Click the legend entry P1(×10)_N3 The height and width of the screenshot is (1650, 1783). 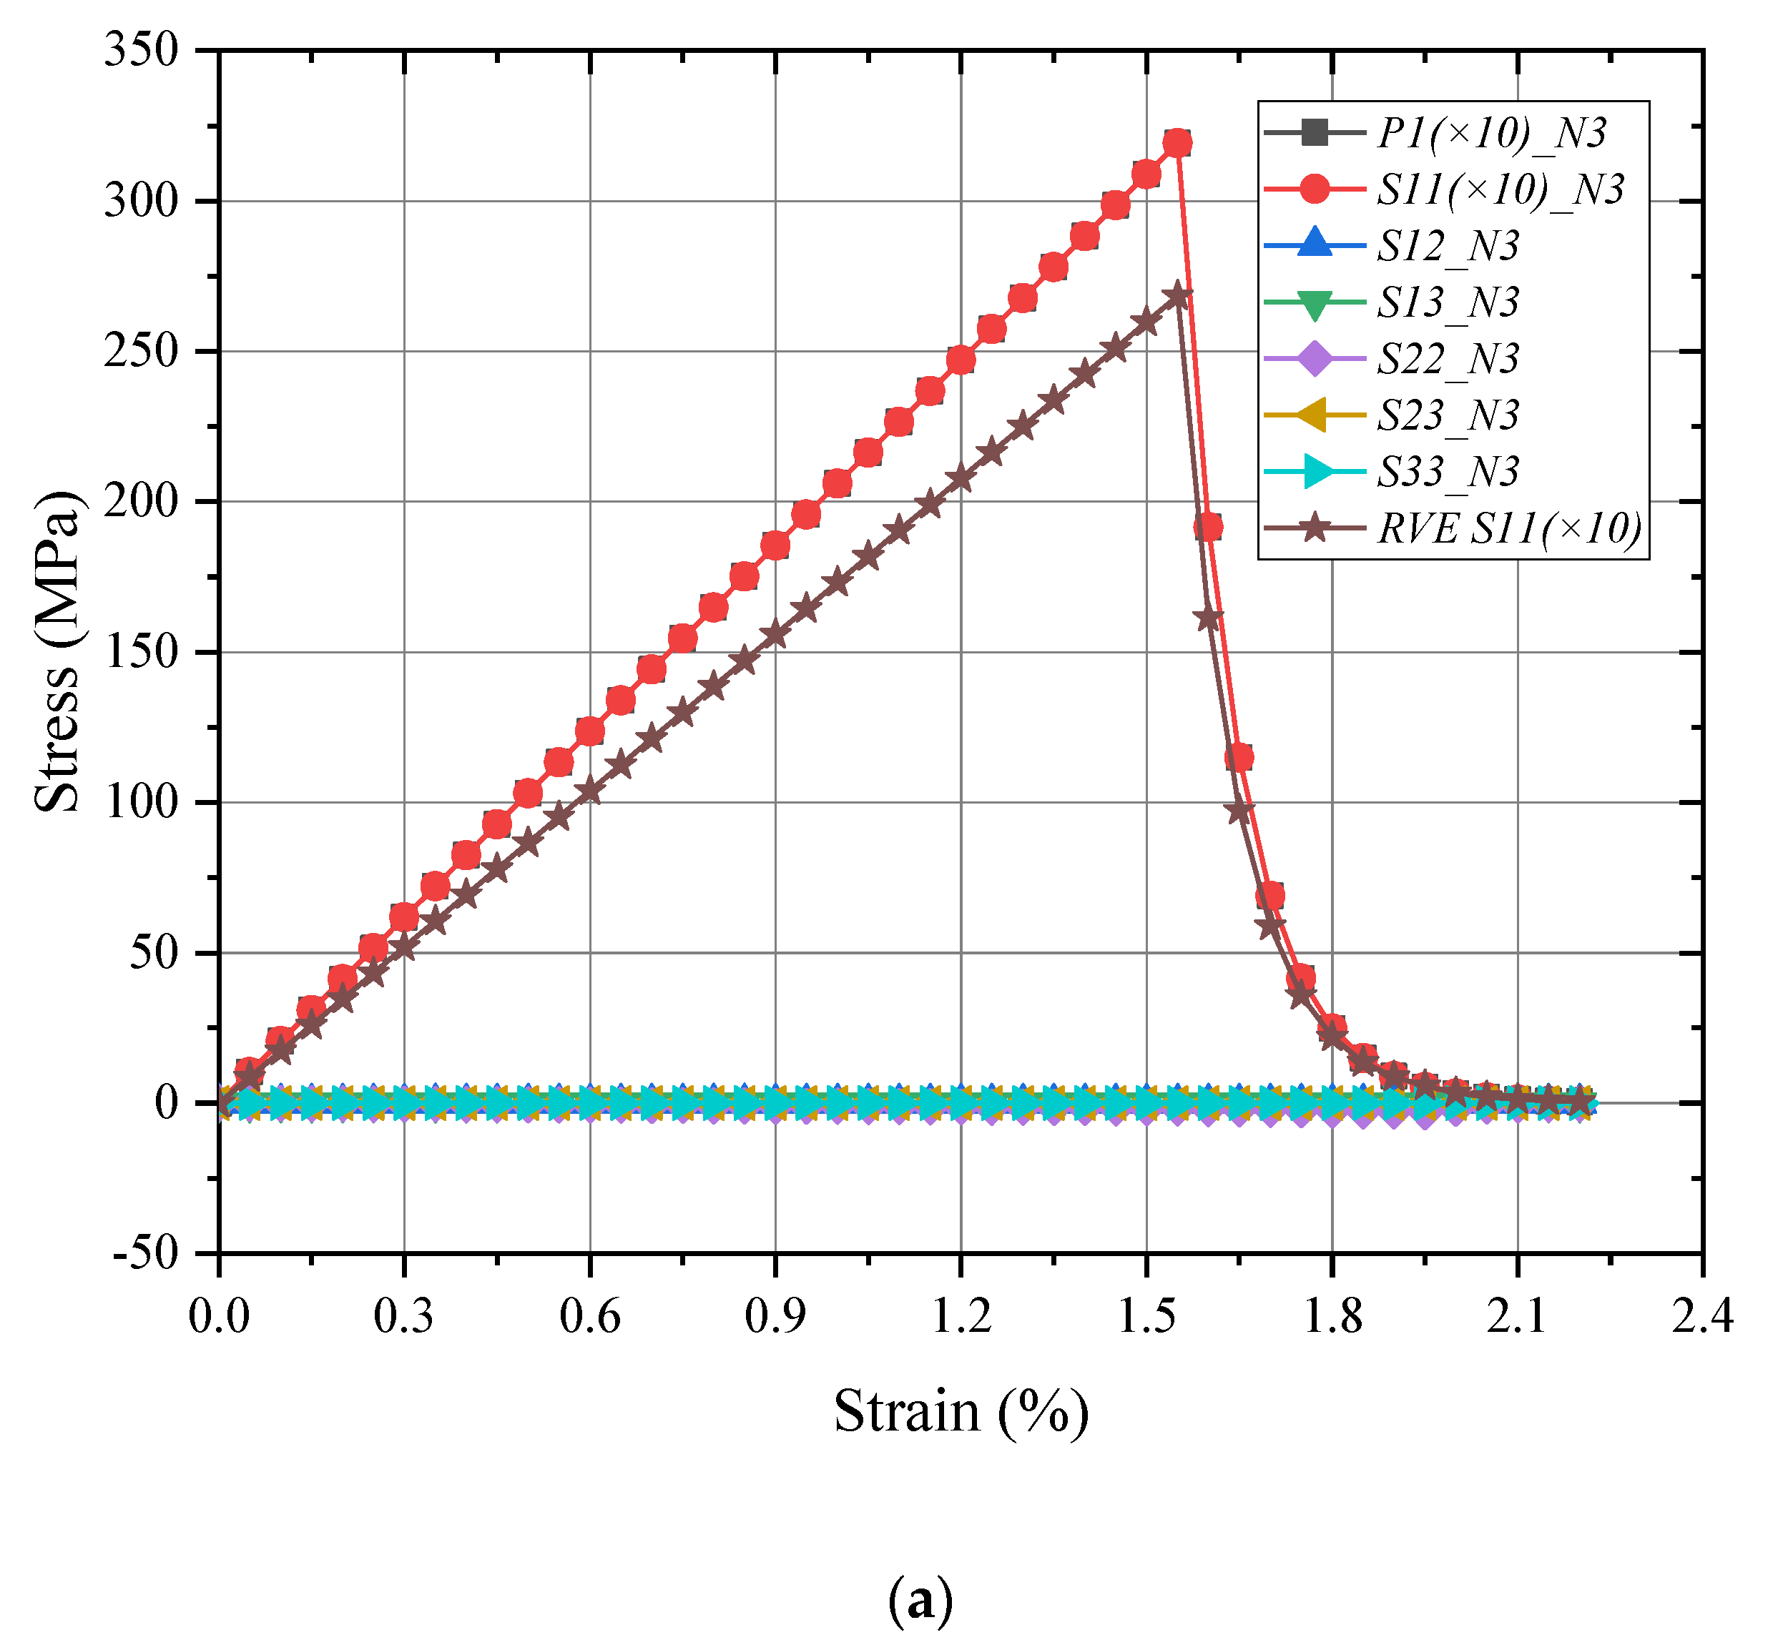(1490, 134)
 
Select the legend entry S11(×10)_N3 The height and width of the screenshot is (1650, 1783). (1499, 190)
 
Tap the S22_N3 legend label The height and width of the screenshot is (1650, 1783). (1447, 359)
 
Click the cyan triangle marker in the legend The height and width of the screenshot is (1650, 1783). (1315, 471)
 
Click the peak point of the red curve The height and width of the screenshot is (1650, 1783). (1177, 143)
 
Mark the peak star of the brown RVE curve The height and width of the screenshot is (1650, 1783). (1177, 295)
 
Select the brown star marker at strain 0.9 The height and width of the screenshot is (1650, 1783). (775, 635)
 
